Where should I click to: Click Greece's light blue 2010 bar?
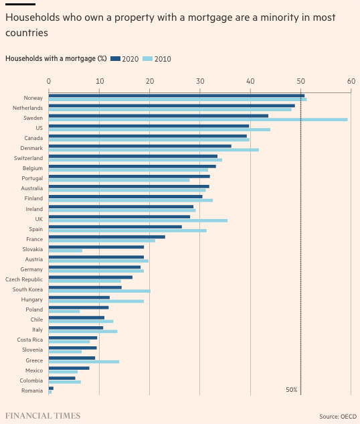coord(84,362)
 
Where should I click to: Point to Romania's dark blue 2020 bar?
coord(51,388)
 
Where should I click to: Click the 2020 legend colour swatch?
coord(115,59)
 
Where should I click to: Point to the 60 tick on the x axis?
coord(351,81)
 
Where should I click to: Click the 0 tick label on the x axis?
coord(49,81)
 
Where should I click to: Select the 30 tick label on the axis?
coord(200,81)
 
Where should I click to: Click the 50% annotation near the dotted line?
coord(292,390)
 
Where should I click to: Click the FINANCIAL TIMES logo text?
coord(43,416)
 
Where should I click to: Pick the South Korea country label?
coord(28,289)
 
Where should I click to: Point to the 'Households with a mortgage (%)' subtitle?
coord(56,58)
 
